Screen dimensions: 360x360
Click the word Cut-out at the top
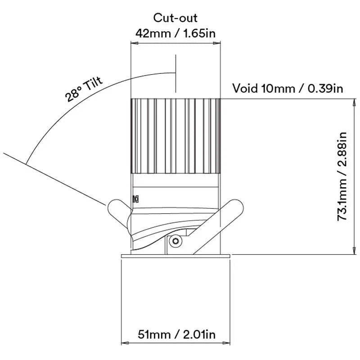tap(175, 18)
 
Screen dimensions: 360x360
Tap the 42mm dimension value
tap(153, 33)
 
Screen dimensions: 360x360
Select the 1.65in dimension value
tap(199, 33)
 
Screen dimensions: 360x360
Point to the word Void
tap(245, 88)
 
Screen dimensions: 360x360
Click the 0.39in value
tap(325, 88)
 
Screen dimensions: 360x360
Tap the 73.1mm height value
tap(342, 200)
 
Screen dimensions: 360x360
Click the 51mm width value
tap(154, 334)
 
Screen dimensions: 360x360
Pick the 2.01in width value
tap(199, 334)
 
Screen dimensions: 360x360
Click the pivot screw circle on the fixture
tap(175, 241)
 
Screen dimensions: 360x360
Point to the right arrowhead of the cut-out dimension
tap(217, 43)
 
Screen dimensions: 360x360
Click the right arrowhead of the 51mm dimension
tap(226, 343)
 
